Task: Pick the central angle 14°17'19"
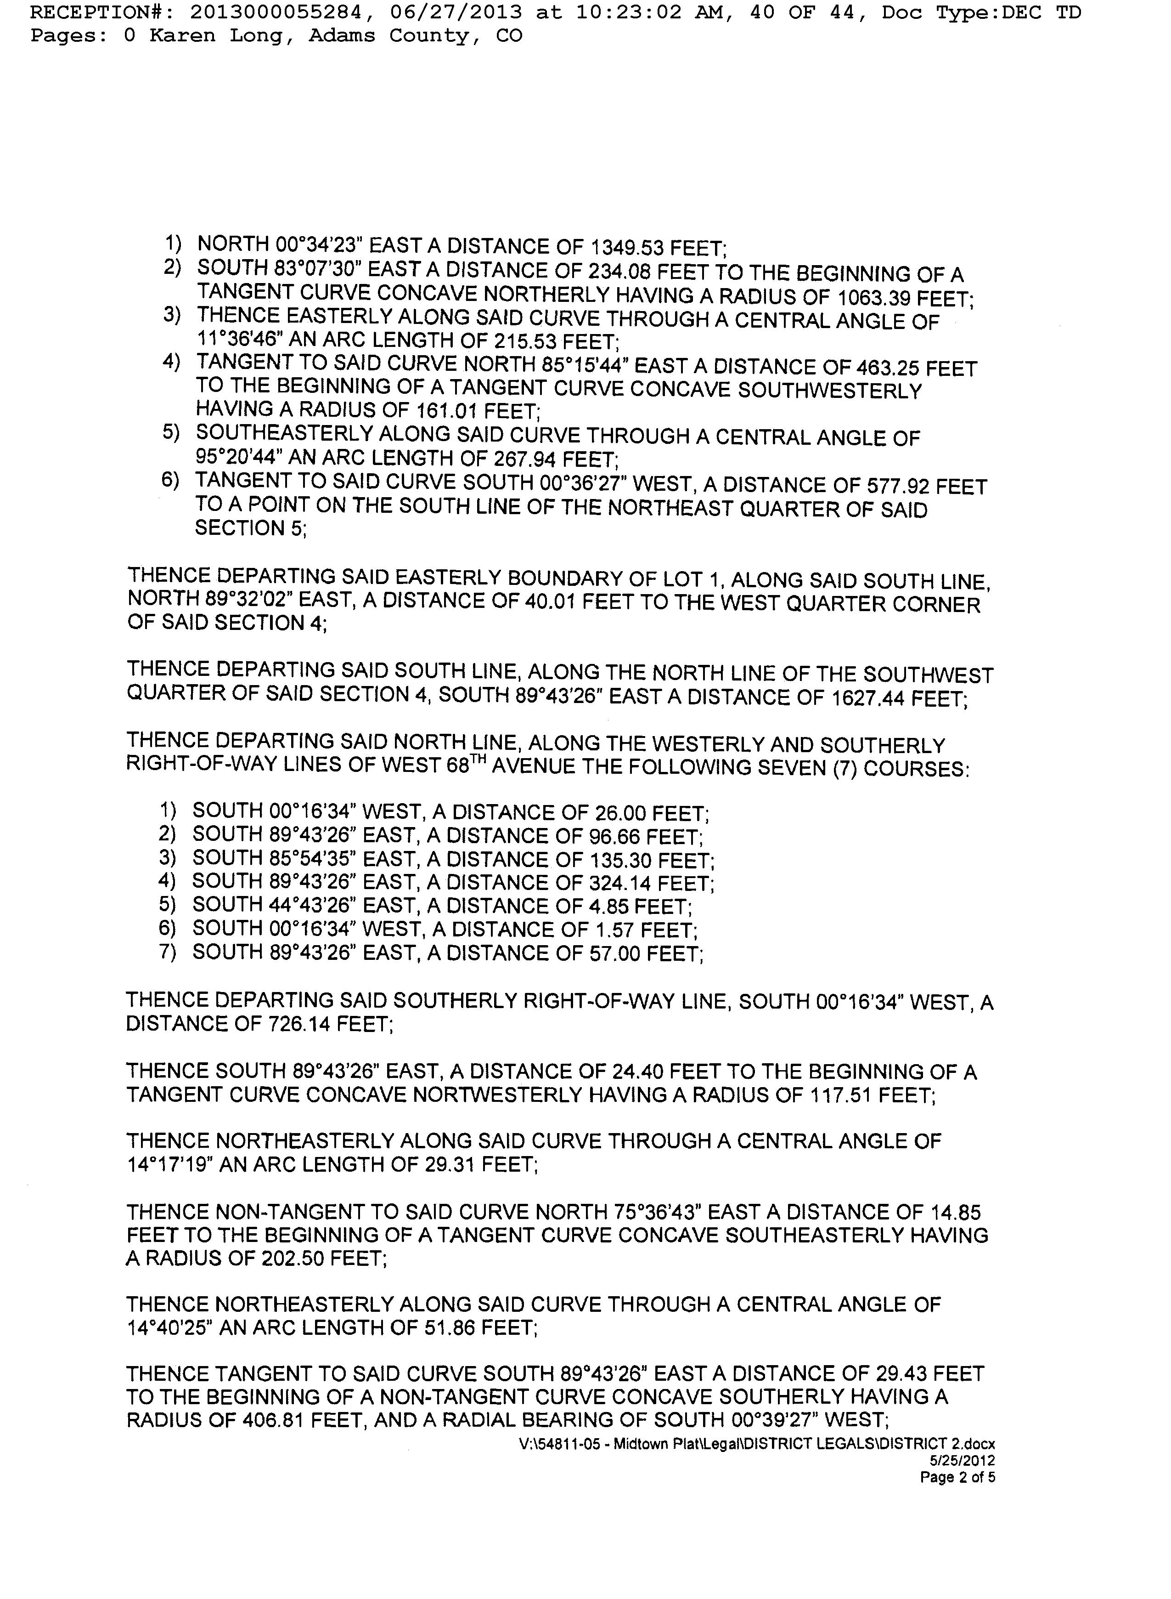point(170,1164)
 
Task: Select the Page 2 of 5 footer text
point(957,1478)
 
